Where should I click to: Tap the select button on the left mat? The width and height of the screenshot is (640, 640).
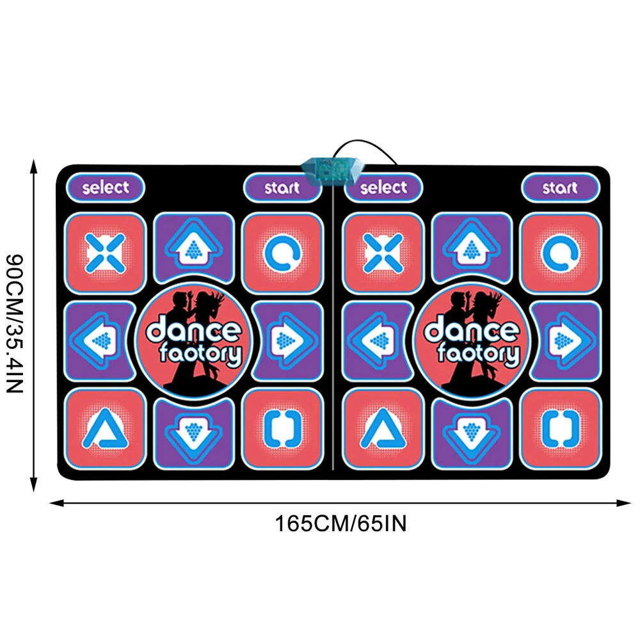(106, 188)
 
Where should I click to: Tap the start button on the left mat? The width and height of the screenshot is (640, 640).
(282, 188)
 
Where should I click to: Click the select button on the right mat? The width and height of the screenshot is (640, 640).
(383, 188)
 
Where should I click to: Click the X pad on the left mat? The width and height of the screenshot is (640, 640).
(106, 253)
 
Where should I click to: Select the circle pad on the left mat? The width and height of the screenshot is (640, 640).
(282, 253)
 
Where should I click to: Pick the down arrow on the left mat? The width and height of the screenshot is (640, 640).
(193, 433)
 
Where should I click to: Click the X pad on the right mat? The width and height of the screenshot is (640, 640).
(383, 253)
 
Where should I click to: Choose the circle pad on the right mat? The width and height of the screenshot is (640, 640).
(561, 253)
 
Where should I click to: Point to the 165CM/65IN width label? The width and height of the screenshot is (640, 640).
(341, 524)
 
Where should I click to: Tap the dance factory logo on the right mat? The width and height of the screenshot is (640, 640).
(472, 340)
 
